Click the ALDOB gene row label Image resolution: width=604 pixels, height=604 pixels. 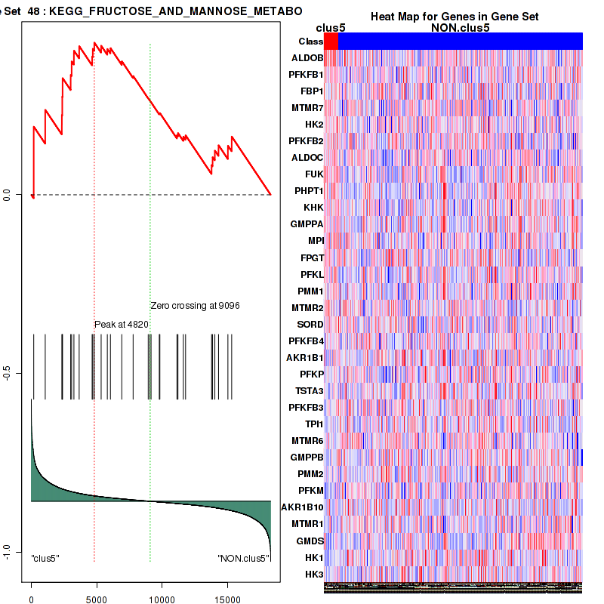click(x=307, y=58)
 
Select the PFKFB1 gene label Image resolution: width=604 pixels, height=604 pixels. click(x=306, y=75)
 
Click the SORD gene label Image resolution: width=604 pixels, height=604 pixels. click(x=310, y=324)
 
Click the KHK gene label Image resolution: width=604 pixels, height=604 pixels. click(x=313, y=208)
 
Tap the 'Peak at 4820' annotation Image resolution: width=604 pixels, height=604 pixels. click(x=122, y=324)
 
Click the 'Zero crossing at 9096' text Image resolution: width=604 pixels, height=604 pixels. click(x=196, y=306)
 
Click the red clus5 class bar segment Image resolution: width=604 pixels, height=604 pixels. click(x=331, y=42)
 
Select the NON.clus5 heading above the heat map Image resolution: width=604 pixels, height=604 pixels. click(x=460, y=28)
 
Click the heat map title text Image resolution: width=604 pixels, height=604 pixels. click(x=464, y=17)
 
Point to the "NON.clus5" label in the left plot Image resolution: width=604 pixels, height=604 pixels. click(x=243, y=559)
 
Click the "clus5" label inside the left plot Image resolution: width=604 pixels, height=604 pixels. click(x=45, y=559)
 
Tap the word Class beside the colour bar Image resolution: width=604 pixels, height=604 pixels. click(x=310, y=42)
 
